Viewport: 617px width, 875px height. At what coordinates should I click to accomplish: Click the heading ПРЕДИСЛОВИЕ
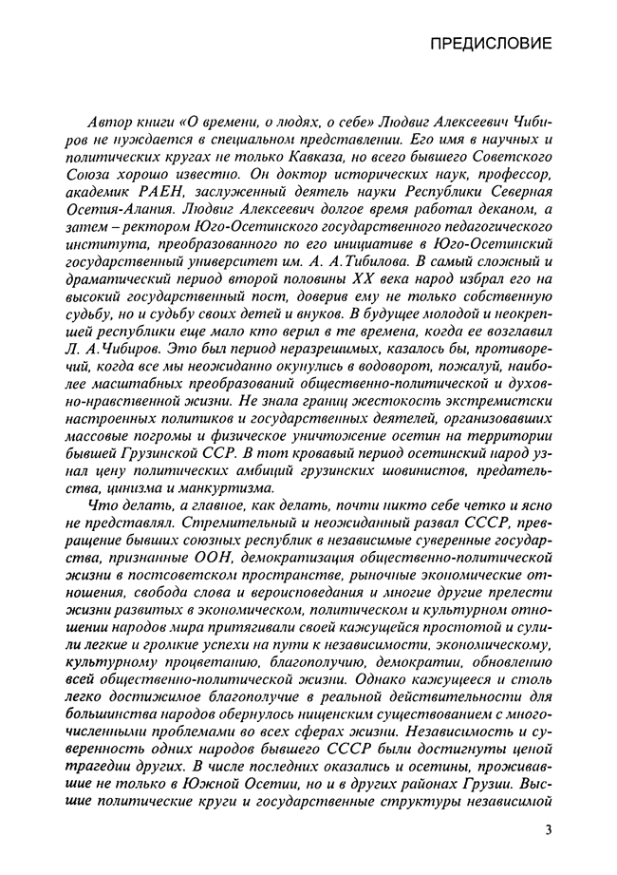coord(490,44)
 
